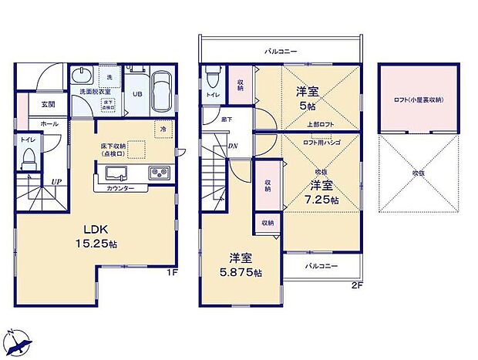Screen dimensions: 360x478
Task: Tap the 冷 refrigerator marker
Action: pos(163,129)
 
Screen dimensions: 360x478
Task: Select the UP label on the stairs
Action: pos(57,182)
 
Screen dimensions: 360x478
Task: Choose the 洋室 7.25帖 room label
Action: pos(321,190)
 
